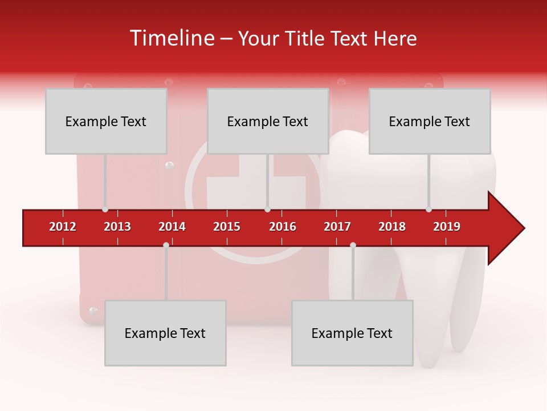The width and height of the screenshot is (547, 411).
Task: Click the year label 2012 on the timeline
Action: point(63,227)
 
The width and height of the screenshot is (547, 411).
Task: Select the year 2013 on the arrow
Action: point(117,227)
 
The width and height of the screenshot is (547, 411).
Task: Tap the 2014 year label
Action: point(172,227)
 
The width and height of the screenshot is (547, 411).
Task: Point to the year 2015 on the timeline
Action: point(227,227)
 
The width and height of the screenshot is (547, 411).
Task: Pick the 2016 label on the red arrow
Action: point(283,227)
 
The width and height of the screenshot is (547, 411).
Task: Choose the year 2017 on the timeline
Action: point(337,227)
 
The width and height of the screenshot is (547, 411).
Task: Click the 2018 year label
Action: point(392,227)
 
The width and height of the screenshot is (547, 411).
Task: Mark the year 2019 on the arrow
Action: point(447,227)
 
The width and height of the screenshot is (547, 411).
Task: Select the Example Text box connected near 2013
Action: point(106,121)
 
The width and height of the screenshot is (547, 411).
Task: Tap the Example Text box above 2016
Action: point(268,121)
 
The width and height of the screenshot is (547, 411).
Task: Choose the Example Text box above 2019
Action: point(430,121)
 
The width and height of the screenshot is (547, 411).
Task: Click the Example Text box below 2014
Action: point(165,333)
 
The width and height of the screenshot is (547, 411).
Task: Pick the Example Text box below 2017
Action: point(352,333)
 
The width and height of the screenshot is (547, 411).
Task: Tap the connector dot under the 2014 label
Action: point(166,245)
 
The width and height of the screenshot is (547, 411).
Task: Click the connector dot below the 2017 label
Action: point(353,245)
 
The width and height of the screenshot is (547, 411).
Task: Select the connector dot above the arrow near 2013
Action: point(105,209)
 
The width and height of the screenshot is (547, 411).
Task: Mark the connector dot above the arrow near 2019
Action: point(428,209)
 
